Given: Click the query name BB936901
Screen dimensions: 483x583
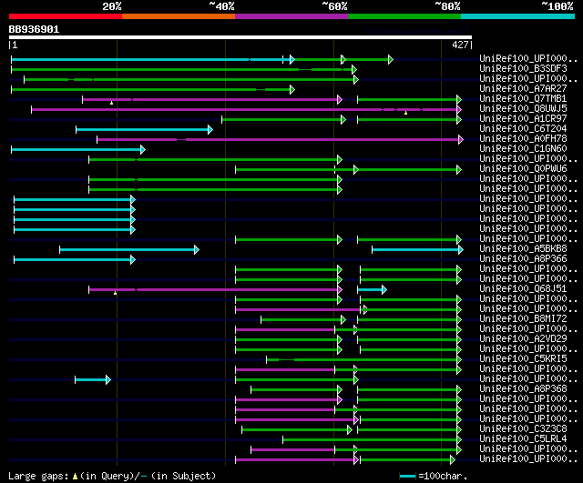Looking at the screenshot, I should (34, 29).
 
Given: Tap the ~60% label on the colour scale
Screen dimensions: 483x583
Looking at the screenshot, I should (334, 6).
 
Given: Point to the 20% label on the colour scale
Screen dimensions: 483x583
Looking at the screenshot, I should (112, 6).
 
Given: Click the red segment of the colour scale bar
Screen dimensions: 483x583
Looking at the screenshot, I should (65, 15).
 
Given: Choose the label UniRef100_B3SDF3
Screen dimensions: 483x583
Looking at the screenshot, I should (523, 68).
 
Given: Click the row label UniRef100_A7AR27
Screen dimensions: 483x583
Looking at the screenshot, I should (523, 88).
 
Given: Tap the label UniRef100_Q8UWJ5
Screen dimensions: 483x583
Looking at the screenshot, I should (523, 108).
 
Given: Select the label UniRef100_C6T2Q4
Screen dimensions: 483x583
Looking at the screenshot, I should (523, 128).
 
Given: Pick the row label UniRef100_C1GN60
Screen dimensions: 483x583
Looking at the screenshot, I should (523, 148).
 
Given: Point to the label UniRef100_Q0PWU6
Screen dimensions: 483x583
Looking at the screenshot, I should (523, 168).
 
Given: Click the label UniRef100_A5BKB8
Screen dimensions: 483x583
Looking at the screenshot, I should (523, 248).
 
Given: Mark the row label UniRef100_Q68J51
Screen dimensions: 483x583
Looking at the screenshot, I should (523, 288).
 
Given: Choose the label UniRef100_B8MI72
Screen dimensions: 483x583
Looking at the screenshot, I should (523, 318).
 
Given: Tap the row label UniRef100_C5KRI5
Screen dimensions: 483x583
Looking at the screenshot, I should (523, 358).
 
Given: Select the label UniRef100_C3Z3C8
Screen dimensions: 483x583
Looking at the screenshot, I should (523, 428).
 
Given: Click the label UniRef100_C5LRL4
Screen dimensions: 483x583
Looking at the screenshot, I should (523, 438).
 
